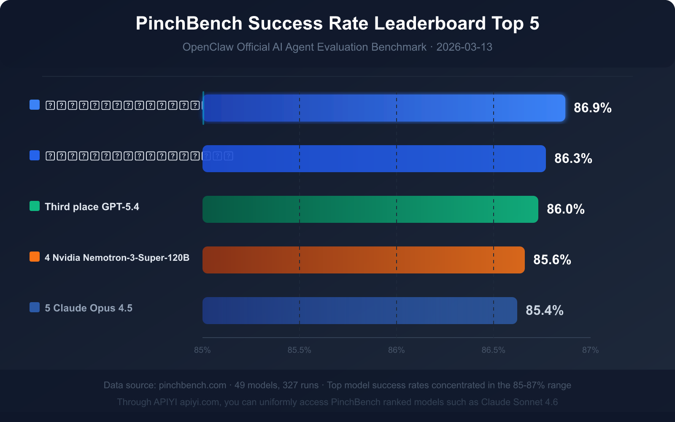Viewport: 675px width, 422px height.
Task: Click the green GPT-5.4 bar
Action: pos(370,209)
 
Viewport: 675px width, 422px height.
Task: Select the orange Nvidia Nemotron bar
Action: pos(364,260)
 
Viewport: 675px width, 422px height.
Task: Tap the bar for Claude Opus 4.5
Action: pos(360,311)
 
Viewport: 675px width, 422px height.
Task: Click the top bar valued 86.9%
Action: pos(384,108)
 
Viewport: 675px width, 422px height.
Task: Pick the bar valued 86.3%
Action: pos(374,159)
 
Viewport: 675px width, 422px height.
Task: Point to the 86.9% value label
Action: pos(592,108)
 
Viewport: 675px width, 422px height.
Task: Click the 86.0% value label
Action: pos(565,209)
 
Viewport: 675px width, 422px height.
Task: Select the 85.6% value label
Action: pos(552,260)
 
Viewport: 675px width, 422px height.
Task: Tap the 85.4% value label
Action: pos(544,311)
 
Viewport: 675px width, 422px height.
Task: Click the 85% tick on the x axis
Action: pos(202,350)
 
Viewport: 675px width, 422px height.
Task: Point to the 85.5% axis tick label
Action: pos(299,350)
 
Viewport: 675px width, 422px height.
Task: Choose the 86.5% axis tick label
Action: pos(493,350)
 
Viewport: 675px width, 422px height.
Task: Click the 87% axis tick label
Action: pos(590,350)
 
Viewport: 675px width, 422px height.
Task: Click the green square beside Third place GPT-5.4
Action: pos(35,206)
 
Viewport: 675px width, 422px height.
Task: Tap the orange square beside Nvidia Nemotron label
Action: pos(35,257)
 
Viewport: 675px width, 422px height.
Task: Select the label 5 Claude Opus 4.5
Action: pos(89,308)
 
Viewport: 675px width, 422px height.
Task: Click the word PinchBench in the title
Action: pos(189,24)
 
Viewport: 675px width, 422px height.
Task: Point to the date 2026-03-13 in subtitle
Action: pos(464,47)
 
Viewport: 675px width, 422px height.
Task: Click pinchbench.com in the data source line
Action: pos(192,385)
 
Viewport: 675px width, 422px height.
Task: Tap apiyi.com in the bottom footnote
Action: pos(199,402)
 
